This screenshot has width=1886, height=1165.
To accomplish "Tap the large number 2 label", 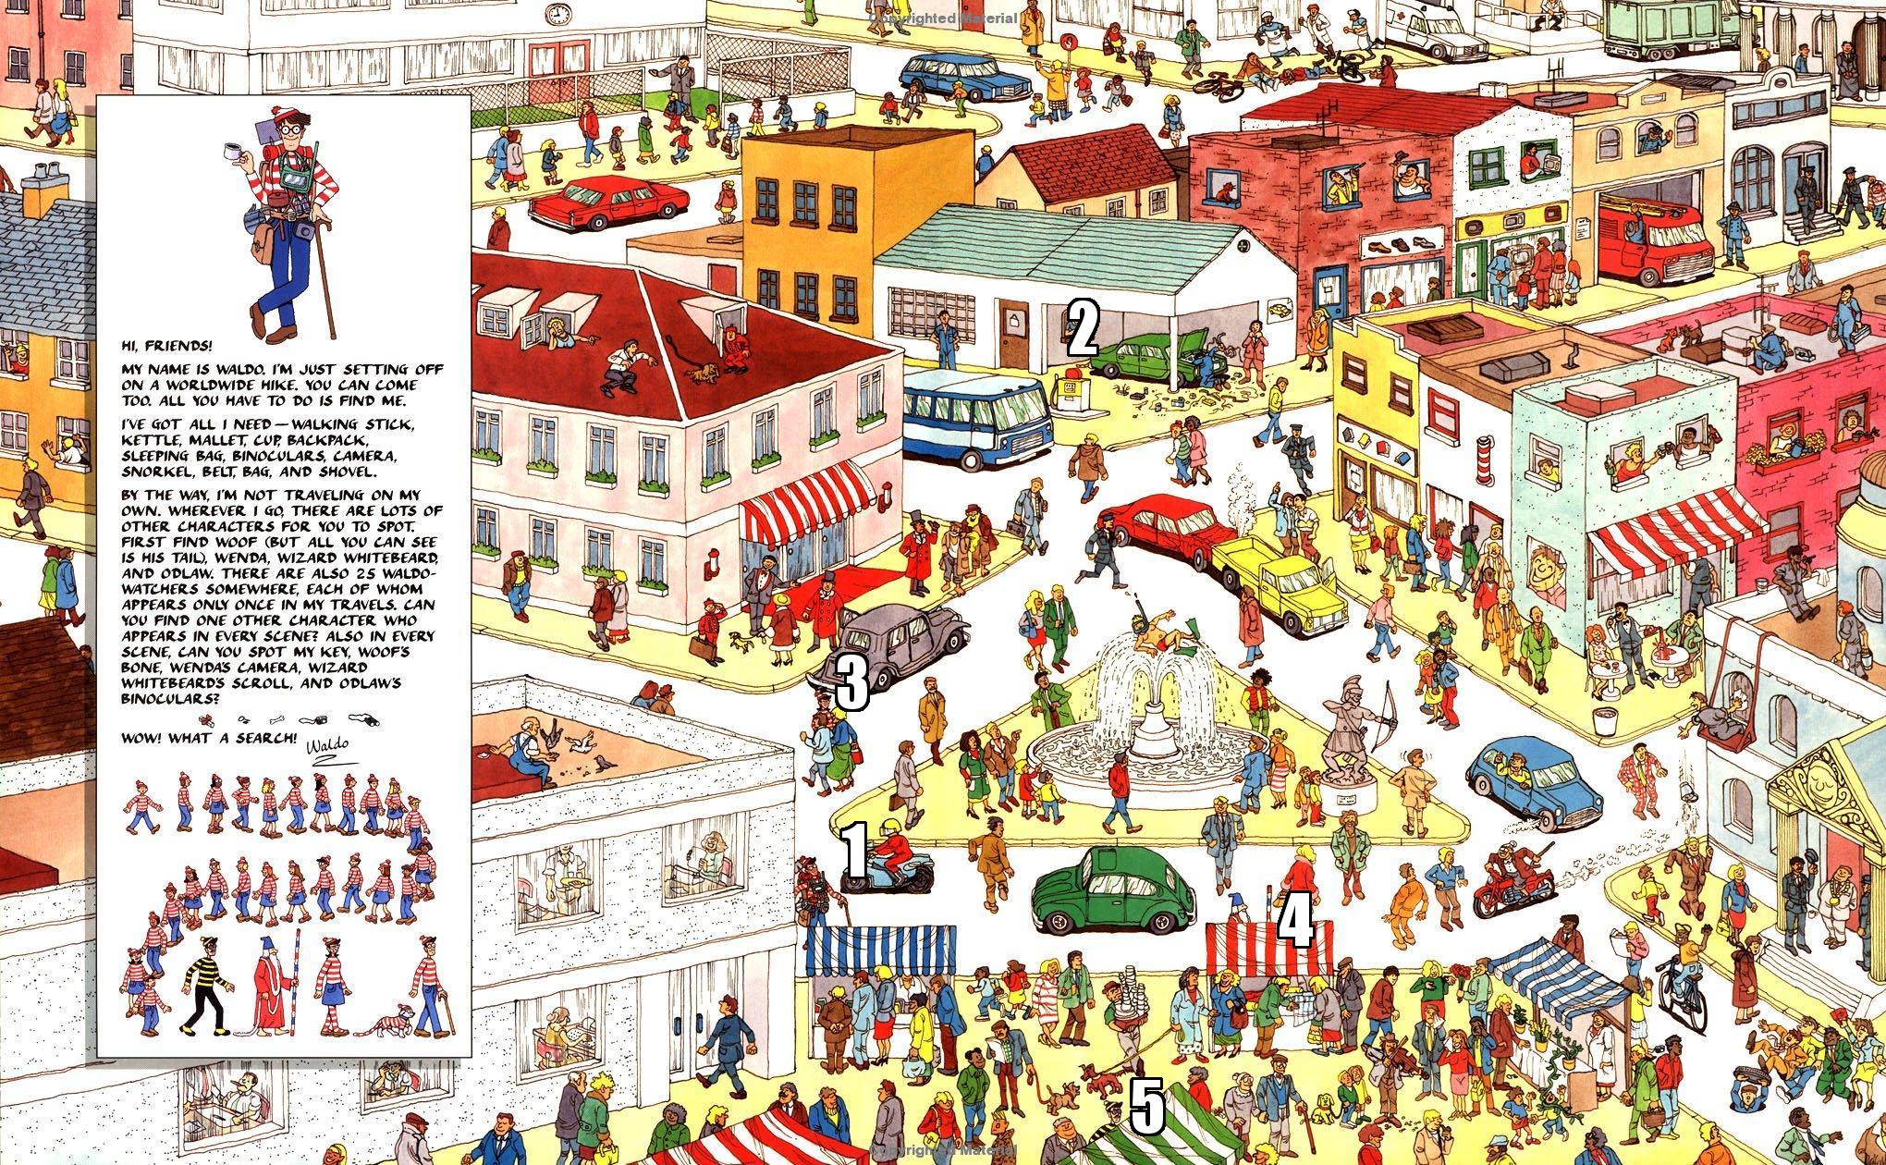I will click(x=1083, y=330).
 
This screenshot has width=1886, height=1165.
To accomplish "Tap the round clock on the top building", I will click(x=557, y=15).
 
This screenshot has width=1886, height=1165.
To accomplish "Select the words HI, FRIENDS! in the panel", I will click(x=167, y=346).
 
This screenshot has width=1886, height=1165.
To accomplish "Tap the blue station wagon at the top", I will click(x=968, y=77).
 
